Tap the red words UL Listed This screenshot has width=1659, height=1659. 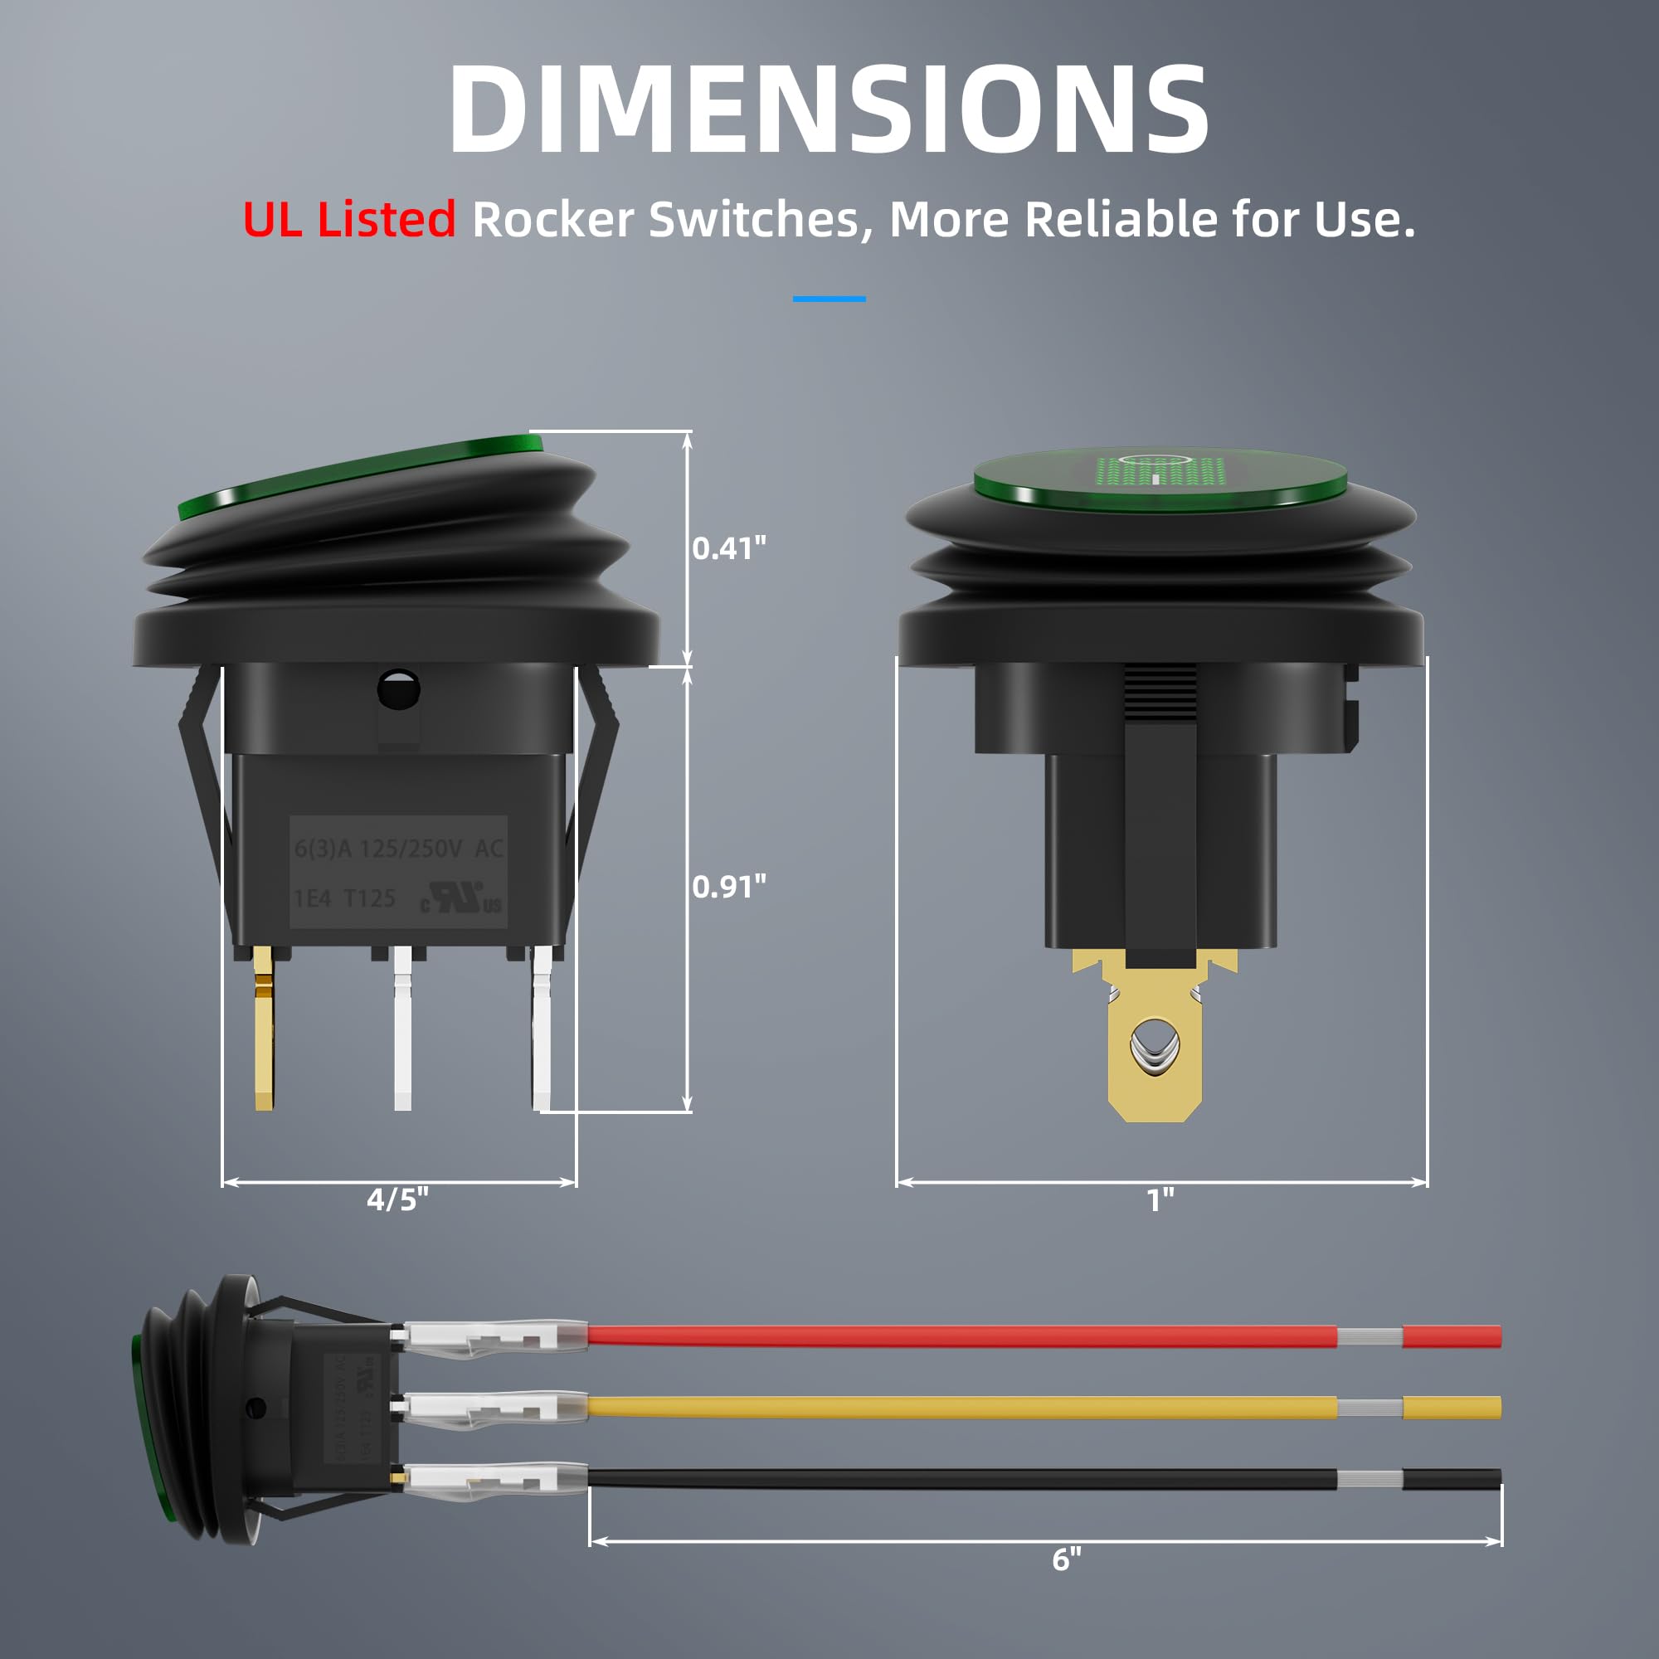coord(348,220)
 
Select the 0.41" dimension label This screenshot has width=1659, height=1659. coord(728,547)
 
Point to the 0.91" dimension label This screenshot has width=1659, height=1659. coord(728,886)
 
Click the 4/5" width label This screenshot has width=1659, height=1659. coord(397,1199)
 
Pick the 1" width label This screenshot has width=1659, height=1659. coord(1160,1199)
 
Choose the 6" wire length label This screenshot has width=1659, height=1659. coord(1067,1559)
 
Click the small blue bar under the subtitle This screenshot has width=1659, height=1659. coord(829,299)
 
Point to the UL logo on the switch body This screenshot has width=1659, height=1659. coord(461,898)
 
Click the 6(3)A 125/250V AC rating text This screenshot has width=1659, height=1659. coord(398,849)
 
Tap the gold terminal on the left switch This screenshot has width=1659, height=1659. coord(265,1030)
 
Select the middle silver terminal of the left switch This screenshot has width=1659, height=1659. coord(401,1030)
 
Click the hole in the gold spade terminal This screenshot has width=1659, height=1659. coord(1155,1046)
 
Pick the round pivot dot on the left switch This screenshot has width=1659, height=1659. coord(399,688)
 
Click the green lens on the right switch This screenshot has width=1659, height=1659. coord(1160,479)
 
